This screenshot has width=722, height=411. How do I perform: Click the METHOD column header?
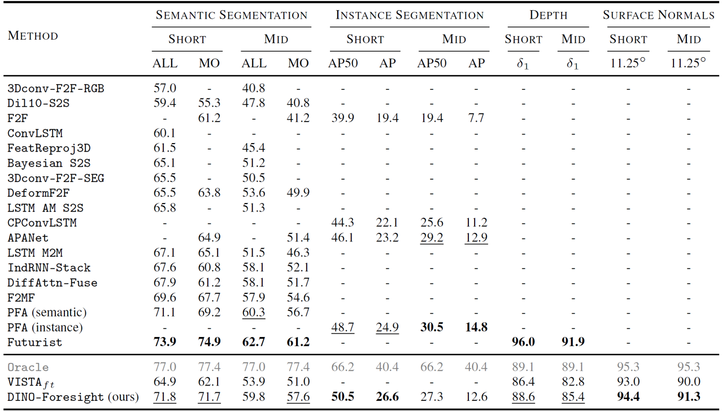33,36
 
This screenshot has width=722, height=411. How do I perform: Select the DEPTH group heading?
548,15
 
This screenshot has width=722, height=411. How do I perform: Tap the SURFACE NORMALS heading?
658,15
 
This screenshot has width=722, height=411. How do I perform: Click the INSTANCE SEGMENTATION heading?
410,15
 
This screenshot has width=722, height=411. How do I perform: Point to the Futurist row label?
34,342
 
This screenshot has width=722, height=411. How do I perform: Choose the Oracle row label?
28,367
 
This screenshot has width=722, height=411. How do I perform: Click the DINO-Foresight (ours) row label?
73,397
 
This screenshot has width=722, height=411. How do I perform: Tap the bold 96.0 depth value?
523,342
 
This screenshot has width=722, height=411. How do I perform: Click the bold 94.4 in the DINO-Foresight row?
628,397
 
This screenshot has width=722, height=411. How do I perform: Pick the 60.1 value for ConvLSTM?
164,133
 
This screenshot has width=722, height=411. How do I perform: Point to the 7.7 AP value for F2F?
476,118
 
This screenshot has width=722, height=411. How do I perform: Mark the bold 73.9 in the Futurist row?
164,342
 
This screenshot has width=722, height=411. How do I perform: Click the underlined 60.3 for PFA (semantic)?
254,312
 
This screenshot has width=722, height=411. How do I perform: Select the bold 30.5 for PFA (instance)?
432,327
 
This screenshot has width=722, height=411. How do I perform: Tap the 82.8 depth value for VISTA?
573,382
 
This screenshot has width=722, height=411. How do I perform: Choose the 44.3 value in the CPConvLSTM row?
343,223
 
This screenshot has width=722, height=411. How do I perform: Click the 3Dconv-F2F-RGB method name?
55,88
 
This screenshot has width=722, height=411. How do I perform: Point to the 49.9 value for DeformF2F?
298,193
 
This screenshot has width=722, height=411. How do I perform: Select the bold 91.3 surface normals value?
689,397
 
